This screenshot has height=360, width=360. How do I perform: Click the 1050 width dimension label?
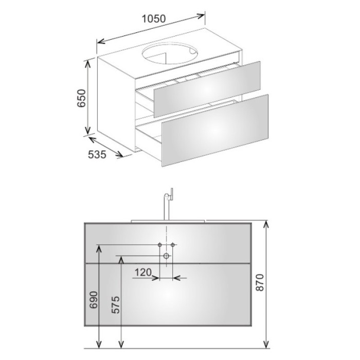click(154, 19)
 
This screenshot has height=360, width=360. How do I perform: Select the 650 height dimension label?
click(81, 98)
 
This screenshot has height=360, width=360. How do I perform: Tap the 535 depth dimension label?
click(97, 154)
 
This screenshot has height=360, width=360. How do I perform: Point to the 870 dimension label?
click(260, 282)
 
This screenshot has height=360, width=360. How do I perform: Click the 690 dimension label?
click(94, 300)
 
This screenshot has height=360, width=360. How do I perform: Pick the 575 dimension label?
click(116, 304)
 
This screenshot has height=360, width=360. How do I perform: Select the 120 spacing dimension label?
click(143, 272)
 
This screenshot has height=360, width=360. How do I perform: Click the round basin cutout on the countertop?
click(170, 53)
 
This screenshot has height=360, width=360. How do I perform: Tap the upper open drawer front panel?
click(207, 89)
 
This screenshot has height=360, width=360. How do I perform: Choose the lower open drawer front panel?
click(215, 131)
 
